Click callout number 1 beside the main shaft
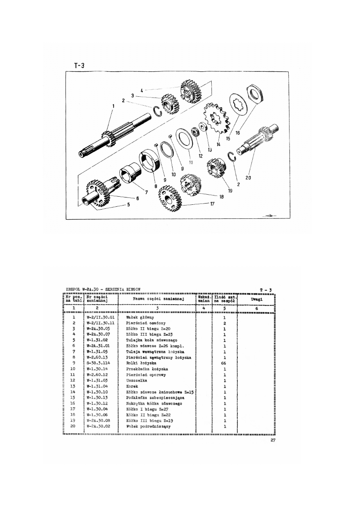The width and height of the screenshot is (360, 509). [114, 106]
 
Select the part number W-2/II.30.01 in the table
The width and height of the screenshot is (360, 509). [101, 318]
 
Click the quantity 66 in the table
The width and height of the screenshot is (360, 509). [224, 363]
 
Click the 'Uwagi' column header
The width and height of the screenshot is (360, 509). [256, 300]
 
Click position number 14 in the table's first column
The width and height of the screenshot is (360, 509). [74, 392]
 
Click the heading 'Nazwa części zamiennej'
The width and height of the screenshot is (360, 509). [158, 299]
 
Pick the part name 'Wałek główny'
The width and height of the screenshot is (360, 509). [137, 318]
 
